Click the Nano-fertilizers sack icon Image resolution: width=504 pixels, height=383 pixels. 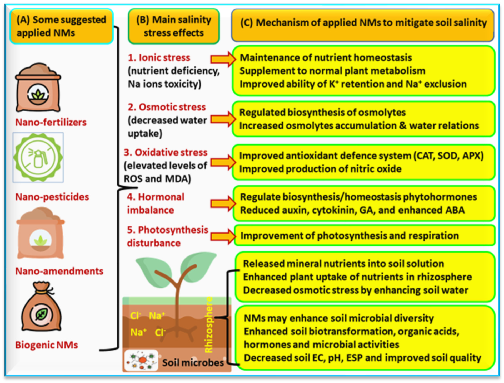pos(38,88)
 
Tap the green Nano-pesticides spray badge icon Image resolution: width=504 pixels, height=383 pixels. pos(38,157)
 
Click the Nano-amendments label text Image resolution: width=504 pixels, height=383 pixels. pos(59,271)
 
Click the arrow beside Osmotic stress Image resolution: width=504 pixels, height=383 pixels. pos(223,119)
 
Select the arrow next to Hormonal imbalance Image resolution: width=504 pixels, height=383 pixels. pos(223,203)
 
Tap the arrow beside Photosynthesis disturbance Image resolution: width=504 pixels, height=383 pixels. pos(223,236)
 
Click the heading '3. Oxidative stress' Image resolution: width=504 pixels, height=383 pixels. pos(166,152)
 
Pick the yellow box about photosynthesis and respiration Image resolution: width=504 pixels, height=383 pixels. pos(364,235)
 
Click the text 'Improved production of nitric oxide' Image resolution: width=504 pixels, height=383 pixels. pos(320,169)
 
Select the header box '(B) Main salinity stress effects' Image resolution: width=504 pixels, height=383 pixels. pos(174,26)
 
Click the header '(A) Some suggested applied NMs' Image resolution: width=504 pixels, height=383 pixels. pos(62,26)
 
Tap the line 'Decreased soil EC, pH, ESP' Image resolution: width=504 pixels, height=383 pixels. pos(362,358)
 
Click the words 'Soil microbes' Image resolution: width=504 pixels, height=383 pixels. pos(193,363)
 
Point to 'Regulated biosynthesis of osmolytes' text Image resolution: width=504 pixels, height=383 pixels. pos(322,113)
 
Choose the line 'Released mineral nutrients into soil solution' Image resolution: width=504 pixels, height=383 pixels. pos(343,264)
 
